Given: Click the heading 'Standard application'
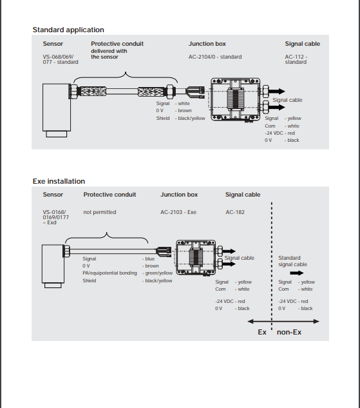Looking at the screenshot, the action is click(68, 30).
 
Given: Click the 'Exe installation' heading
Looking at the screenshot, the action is click(59, 181).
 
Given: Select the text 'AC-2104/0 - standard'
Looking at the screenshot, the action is click(215, 57).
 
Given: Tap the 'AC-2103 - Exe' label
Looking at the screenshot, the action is click(178, 212).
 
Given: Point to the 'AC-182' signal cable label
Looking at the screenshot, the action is click(235, 212).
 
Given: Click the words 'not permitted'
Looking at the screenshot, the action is click(100, 212).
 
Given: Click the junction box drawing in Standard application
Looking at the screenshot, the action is click(235, 99).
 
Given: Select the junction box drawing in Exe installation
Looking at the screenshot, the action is click(196, 257).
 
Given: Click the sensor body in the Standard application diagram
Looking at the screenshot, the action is click(57, 108).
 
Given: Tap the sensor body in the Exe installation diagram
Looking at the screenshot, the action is click(53, 264).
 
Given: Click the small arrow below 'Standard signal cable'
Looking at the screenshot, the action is click(297, 273).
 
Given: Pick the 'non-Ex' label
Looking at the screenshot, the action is click(289, 332).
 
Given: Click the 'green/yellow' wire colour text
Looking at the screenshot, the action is click(159, 273).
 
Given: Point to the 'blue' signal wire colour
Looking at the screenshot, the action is click(150, 258).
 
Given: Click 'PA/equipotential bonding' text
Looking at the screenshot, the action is click(109, 273).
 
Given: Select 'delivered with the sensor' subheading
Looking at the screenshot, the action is click(109, 54).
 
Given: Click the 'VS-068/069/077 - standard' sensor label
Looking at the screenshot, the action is click(61, 59).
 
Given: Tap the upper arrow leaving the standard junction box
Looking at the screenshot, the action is click(276, 92).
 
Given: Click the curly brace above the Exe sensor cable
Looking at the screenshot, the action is click(106, 237).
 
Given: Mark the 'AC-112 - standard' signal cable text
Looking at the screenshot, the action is click(296, 59).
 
